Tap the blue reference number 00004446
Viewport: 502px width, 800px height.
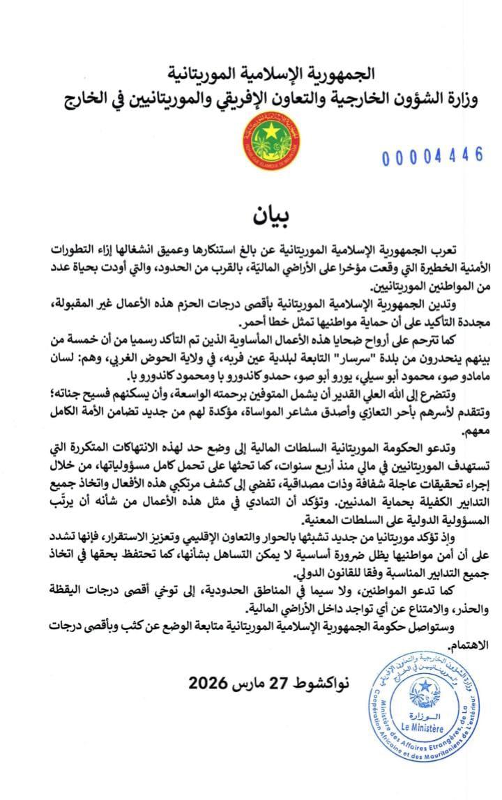[x=432, y=155]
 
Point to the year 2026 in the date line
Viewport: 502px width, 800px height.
[x=206, y=682]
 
